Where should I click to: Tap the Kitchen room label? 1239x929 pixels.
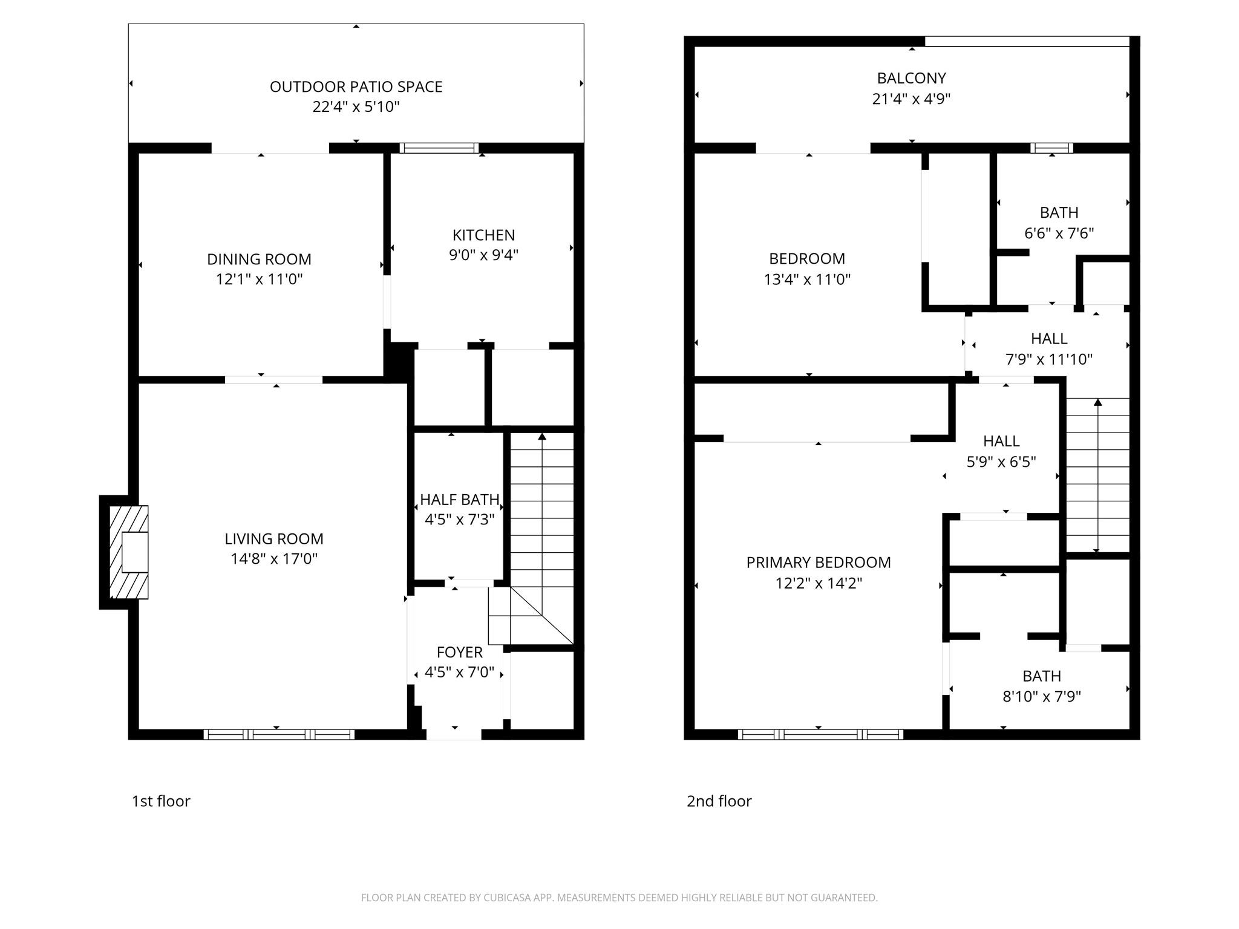(x=483, y=235)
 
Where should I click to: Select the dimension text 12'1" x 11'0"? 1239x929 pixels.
(x=259, y=279)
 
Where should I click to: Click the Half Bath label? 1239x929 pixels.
(x=460, y=500)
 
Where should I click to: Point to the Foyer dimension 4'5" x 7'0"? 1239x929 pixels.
(x=459, y=672)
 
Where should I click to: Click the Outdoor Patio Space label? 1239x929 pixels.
(x=356, y=86)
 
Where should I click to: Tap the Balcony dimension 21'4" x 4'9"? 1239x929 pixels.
(x=911, y=99)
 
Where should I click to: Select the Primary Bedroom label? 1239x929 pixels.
(x=819, y=562)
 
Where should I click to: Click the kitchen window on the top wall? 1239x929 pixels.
(x=439, y=148)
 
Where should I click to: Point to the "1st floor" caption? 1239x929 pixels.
(x=161, y=801)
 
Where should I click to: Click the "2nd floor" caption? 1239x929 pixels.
(x=719, y=801)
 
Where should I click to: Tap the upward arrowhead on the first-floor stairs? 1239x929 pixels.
(x=542, y=436)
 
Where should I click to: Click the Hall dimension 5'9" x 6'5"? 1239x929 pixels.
(x=1001, y=462)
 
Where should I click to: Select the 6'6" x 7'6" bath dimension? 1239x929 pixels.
(x=1059, y=233)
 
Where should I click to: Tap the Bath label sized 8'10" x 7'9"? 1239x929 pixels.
(x=1042, y=676)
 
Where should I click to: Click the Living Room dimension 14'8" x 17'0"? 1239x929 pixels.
(x=274, y=558)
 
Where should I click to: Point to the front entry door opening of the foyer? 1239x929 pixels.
(x=454, y=734)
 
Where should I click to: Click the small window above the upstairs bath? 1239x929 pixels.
(x=1052, y=148)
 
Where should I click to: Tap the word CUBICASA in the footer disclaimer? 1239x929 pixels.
(x=508, y=898)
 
